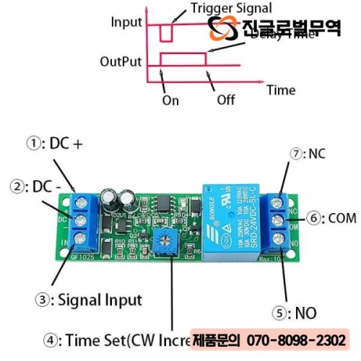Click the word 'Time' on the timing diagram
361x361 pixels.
(281, 90)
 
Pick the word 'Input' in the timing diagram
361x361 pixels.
(126, 22)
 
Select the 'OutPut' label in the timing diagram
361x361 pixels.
(121, 62)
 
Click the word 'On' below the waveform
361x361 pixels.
(170, 100)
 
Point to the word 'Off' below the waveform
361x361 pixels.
(226, 100)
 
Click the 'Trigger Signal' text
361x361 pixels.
(231, 9)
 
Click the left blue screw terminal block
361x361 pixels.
(85, 217)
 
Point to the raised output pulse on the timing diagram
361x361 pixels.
(183, 58)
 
